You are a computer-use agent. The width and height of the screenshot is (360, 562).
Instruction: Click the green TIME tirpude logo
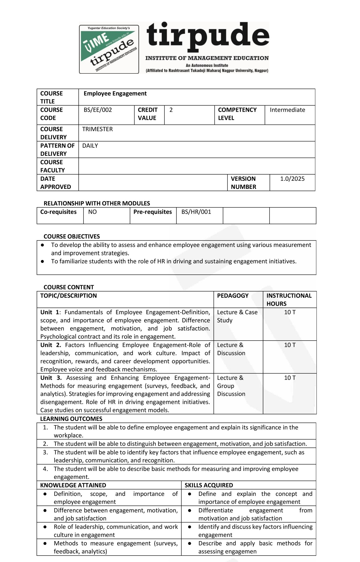[109, 49]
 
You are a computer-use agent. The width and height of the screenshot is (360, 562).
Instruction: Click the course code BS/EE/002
[98, 110]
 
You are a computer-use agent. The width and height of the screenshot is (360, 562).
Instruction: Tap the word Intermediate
[287, 110]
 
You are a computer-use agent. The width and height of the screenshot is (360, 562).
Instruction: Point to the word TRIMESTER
[97, 129]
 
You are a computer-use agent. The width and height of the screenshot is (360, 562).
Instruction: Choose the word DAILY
[90, 146]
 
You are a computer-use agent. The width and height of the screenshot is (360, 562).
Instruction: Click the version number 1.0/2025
[292, 179]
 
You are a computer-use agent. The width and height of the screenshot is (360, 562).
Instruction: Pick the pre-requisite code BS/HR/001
[196, 212]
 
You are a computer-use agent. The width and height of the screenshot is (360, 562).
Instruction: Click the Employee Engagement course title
[115, 93]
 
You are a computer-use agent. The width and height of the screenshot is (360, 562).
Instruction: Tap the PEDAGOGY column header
[233, 296]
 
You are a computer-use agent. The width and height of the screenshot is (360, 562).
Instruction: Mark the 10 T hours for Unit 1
[290, 312]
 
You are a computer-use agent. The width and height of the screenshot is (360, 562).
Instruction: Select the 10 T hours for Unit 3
[290, 378]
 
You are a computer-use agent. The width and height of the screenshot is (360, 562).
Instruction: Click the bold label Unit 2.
[50, 345]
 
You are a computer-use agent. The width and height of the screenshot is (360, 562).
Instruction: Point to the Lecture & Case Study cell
[237, 316]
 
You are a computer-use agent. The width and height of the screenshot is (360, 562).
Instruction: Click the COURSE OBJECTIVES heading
[72, 236]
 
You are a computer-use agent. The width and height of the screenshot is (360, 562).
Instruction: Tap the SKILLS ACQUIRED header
[209, 485]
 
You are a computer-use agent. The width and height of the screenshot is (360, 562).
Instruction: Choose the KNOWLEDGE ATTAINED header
[73, 485]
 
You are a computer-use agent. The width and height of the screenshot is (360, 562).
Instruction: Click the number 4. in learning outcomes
[45, 469]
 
